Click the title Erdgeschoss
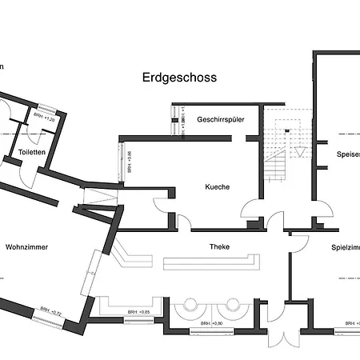coord(180,78)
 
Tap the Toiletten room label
coord(31,151)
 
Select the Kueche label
coord(217,186)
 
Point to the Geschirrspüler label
coord(220,119)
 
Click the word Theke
coord(219,246)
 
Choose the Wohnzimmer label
coord(26,247)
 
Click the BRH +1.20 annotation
coord(44,119)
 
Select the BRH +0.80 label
coord(212,323)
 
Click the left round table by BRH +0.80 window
coord(192,305)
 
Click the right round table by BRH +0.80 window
coord(233,305)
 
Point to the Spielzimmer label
coord(346,247)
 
